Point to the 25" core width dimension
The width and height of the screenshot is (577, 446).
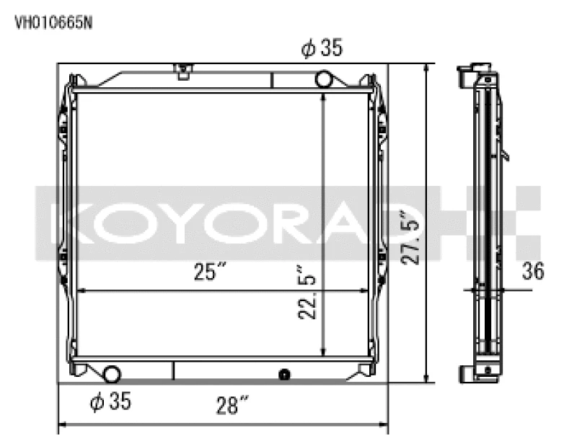point(209,273)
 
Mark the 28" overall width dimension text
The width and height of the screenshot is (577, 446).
point(226,406)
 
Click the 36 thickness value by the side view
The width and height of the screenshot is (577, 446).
point(534,271)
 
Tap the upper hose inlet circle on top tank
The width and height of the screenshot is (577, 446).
point(325,78)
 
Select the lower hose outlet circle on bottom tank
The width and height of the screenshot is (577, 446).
point(113,373)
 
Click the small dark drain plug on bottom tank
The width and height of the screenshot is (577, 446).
point(284,374)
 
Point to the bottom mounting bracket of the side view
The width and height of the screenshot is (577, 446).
point(467,374)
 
